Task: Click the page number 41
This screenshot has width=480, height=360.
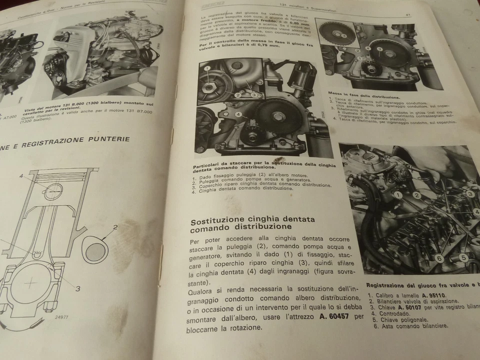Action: [408, 14]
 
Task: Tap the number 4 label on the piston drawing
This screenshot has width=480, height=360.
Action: [21, 175]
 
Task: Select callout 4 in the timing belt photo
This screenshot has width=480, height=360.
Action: [239, 114]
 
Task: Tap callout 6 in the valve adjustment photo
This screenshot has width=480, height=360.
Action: [438, 258]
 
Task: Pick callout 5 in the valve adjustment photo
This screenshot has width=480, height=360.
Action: [463, 257]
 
